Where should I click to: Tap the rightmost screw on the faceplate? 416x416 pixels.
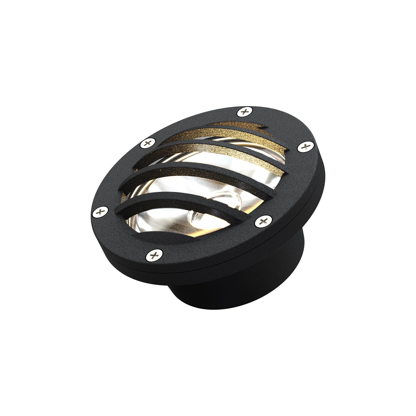[304, 147]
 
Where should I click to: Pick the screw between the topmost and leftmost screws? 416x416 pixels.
[147, 142]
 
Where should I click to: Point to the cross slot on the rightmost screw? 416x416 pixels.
[304, 147]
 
